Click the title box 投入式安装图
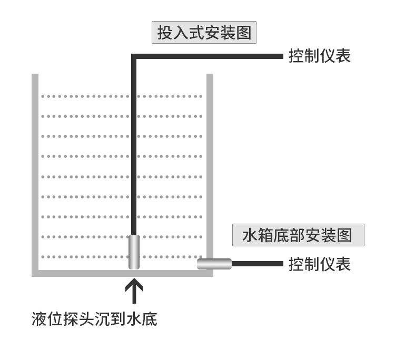204,33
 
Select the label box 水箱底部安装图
298,235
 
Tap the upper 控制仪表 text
319,56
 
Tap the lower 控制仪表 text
319,264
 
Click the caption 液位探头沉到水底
94,319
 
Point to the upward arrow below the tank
134,291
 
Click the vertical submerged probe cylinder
134,252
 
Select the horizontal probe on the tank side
214,264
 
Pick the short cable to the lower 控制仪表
257,264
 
